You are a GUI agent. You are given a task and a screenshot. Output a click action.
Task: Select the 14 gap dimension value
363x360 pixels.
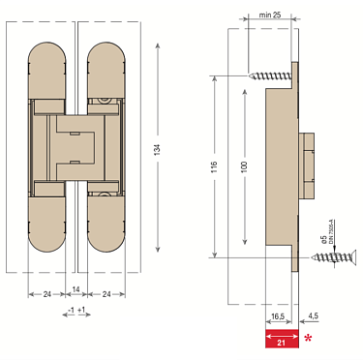pyautogui.click(x=76, y=290)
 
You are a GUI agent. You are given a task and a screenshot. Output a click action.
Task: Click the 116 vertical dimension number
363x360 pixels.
pyautogui.click(x=215, y=166)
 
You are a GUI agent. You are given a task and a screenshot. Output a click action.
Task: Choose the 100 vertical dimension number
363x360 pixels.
pyautogui.click(x=244, y=166)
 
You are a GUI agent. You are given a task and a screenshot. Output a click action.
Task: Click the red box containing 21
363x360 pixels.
pyautogui.click(x=281, y=339)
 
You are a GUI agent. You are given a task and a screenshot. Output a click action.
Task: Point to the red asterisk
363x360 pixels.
pyautogui.click(x=308, y=338)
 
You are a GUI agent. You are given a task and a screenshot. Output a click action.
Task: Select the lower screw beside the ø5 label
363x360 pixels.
pyautogui.click(x=330, y=257)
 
